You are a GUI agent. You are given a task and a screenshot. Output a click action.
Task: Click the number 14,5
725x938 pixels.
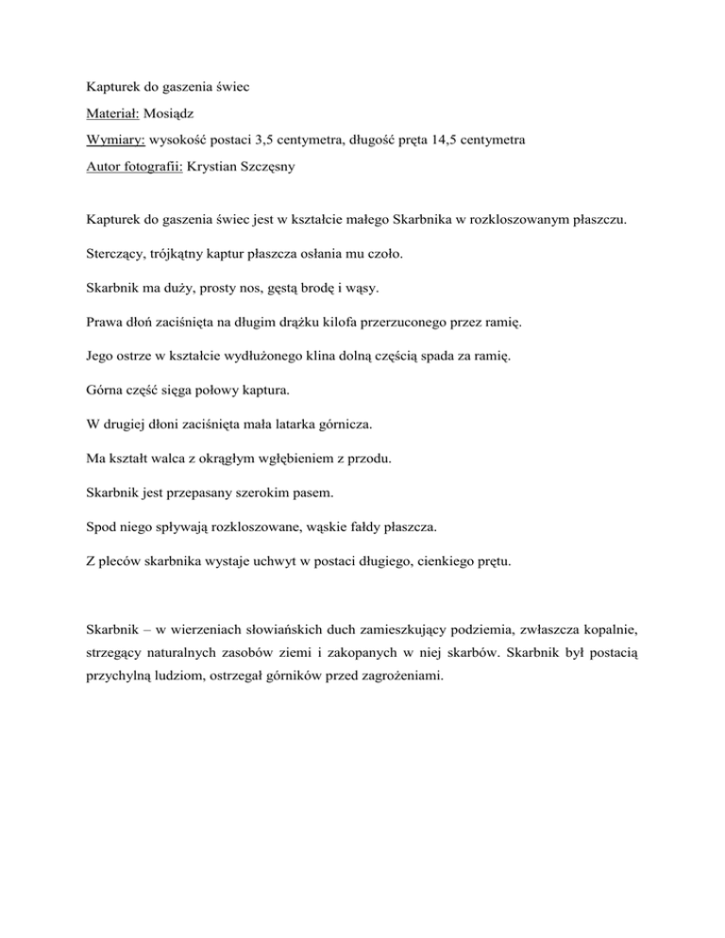pos(437,141)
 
